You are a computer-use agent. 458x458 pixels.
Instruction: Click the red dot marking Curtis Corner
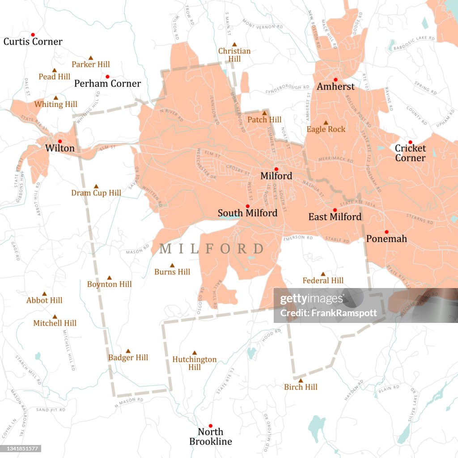pyautogui.click(x=33, y=34)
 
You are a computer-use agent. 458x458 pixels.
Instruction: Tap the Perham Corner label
pyautogui.click(x=107, y=84)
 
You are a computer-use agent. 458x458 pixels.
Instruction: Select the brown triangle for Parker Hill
pyautogui.click(x=91, y=58)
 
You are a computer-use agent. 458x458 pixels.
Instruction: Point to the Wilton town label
pyautogui.click(x=59, y=148)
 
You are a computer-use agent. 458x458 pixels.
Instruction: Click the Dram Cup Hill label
pyautogui.click(x=96, y=193)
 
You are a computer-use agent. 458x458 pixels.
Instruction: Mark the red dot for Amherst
pyautogui.click(x=335, y=80)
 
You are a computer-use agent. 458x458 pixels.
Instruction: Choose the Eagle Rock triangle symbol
pyautogui.click(x=326, y=123)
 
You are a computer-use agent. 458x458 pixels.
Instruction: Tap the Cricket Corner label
pyautogui.click(x=410, y=153)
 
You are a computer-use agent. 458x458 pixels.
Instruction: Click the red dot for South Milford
pyautogui.click(x=247, y=206)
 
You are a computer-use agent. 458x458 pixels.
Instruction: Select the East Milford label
pyautogui.click(x=335, y=217)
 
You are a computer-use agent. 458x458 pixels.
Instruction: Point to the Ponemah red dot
pyautogui.click(x=386, y=232)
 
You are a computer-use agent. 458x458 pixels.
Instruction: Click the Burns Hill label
pyautogui.click(x=172, y=272)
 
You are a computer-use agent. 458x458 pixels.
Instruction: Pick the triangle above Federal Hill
pyautogui.click(x=323, y=274)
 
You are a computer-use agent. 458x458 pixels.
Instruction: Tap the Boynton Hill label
pyautogui.click(x=109, y=284)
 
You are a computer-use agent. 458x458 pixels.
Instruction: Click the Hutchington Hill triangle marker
pyautogui.click(x=195, y=353)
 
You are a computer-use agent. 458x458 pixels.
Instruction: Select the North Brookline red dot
pyautogui.click(x=211, y=426)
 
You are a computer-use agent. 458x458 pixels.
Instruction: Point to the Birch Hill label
pyautogui.click(x=301, y=387)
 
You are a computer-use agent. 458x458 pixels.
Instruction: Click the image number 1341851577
pyautogui.click(x=21, y=449)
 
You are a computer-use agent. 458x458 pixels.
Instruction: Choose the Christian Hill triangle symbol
pyautogui.click(x=234, y=44)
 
